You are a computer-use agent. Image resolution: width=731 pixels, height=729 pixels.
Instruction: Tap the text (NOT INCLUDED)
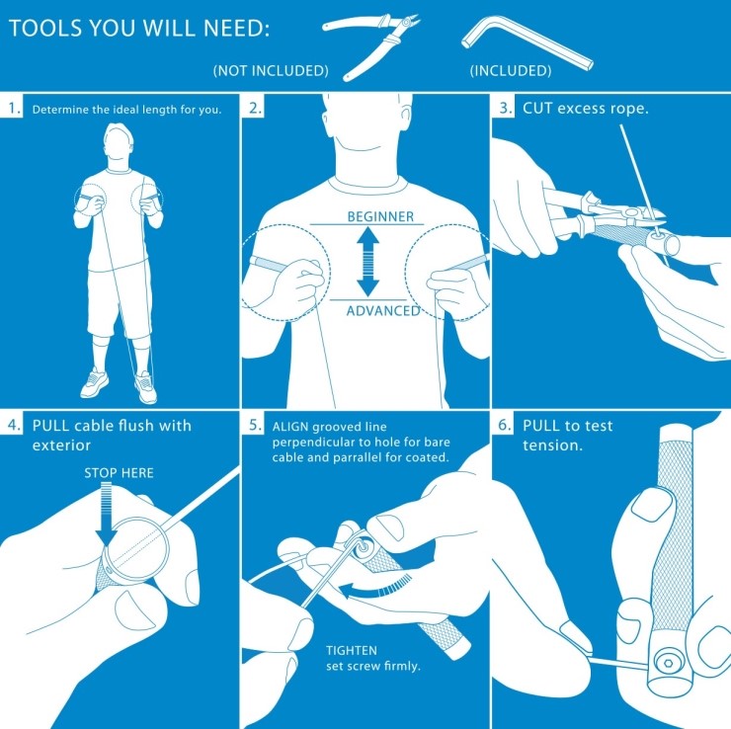pos(271,70)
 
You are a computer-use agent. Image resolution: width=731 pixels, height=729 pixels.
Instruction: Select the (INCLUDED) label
pos(511,70)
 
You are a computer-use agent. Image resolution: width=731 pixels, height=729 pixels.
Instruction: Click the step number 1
pos(14,109)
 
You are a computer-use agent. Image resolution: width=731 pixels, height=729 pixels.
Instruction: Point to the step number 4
pos(14,425)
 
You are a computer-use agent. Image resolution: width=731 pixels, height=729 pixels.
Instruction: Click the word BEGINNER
pos(380,216)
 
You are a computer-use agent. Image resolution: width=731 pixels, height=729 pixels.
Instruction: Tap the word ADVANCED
pos(383,310)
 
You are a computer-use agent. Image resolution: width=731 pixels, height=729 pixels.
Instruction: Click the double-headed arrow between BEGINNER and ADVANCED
pos(367,261)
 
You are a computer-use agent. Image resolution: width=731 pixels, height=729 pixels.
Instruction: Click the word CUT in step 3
pos(538,108)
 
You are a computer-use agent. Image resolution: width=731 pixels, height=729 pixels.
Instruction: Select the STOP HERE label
pos(119,473)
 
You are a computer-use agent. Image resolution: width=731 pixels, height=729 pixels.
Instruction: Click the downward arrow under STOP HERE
pos(107,514)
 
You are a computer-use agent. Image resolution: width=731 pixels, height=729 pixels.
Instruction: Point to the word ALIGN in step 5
pos(290,427)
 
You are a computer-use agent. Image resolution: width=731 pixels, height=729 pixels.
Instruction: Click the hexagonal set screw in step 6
pos(668,663)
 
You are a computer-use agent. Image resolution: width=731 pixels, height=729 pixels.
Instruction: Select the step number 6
pos(505,425)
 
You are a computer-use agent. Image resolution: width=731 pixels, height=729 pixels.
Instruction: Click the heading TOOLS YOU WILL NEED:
pos(139,28)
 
